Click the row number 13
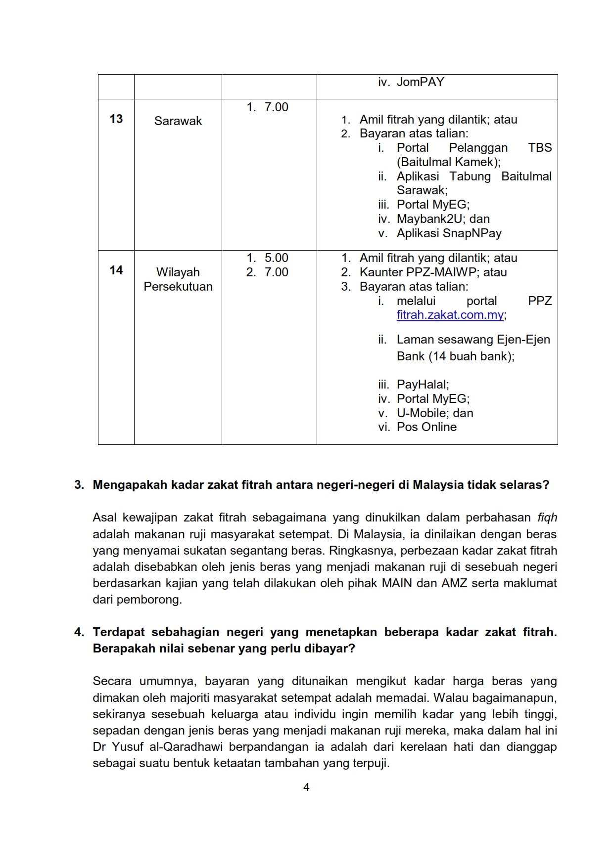tap(116, 119)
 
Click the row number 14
tap(116, 270)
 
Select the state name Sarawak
tap(178, 121)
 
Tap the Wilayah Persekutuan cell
tap(178, 279)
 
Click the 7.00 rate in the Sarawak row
tap(276, 107)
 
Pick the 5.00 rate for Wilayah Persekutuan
tap(276, 258)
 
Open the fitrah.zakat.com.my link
tap(450, 315)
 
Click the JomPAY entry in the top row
tap(420, 82)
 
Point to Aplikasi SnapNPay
tap(449, 233)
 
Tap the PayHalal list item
tap(422, 385)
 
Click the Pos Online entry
tap(426, 427)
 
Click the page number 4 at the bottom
tap(306, 787)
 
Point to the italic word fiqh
tap(547, 518)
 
